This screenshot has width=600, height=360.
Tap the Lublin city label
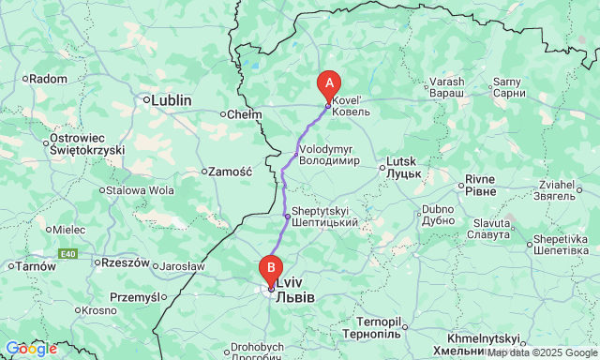coord(171,99)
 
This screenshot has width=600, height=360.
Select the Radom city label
coord(46,79)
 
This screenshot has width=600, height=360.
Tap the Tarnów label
coord(34,266)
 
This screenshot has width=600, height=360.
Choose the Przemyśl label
coord(136,297)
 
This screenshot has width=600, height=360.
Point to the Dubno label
coord(438,215)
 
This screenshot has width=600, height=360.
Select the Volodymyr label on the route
coord(331,154)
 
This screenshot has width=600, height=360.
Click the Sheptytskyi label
coord(324,217)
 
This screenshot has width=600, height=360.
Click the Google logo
coord(30,349)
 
